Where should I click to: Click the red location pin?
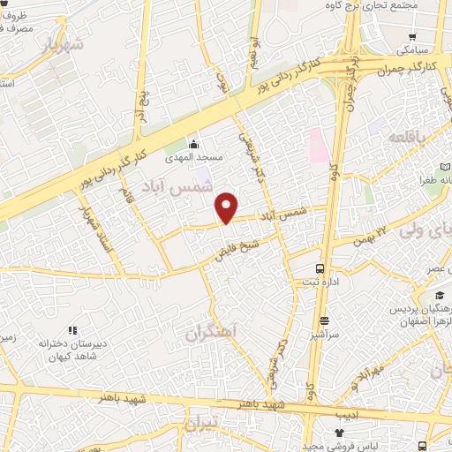click(x=227, y=207)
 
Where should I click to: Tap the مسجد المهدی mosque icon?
click(x=194, y=144)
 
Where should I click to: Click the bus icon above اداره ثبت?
click(x=320, y=267)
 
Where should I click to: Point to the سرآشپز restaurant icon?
click(x=325, y=320)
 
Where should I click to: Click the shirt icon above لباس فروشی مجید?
click(x=340, y=433)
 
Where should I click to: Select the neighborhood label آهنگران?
click(x=213, y=332)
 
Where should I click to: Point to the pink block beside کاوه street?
click(x=316, y=144)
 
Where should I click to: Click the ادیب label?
click(x=346, y=412)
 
